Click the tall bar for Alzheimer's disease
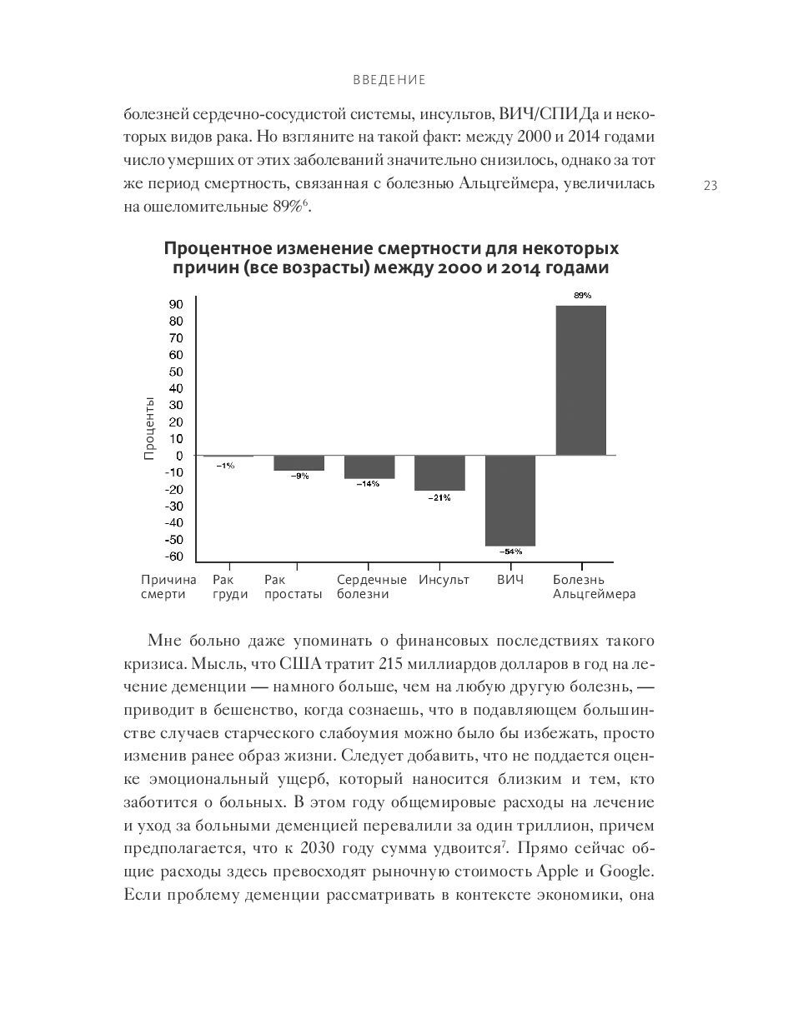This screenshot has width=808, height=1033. tap(580, 380)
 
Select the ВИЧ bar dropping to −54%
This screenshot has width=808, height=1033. tap(510, 500)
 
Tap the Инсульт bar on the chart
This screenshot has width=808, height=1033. tap(439, 472)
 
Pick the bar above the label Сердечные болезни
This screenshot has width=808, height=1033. tap(369, 467)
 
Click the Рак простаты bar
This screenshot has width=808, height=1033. tap(299, 463)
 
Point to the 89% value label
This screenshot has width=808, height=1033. tap(582, 295)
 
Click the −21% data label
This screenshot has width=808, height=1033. tap(439, 497)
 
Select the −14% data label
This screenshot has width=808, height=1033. tap(369, 484)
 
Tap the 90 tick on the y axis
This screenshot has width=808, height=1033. tap(176, 305)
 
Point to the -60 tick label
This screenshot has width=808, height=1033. tap(173, 556)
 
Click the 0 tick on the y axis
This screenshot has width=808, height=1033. tap(178, 456)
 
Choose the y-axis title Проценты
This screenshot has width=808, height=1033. tap(149, 428)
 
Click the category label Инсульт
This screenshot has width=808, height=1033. tap(444, 580)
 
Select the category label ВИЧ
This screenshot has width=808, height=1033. tap(510, 580)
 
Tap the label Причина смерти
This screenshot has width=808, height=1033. tap(168, 586)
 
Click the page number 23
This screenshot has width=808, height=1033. tap(710, 186)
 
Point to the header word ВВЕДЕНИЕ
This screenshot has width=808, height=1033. tap(389, 80)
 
